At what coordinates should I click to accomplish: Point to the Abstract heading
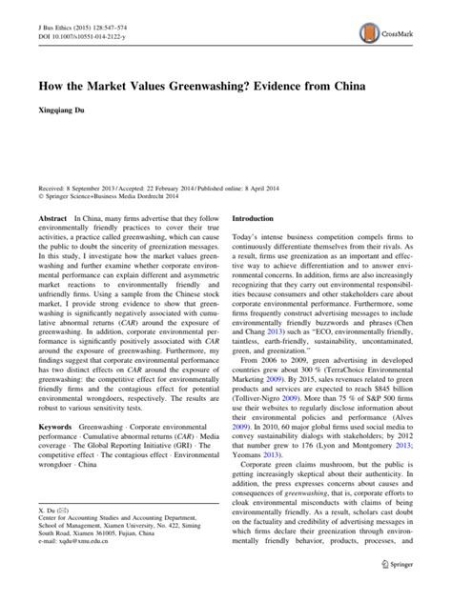(x=51, y=217)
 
